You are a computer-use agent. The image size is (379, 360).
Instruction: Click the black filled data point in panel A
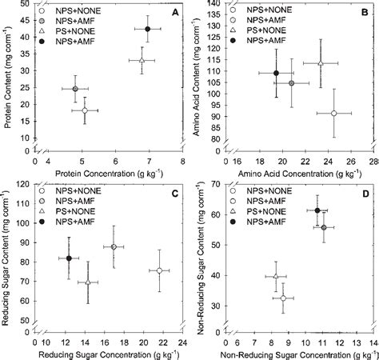pyautogui.click(x=147, y=29)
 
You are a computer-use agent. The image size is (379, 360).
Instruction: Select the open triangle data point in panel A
pyautogui.click(x=142, y=60)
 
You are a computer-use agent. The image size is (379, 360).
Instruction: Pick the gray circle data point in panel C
pyautogui.click(x=114, y=247)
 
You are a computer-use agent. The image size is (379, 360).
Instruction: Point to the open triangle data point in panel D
pyautogui.click(x=276, y=276)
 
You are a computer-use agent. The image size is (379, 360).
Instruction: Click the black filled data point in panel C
pyautogui.click(x=69, y=258)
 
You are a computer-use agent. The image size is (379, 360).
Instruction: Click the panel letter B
pyautogui.click(x=365, y=12)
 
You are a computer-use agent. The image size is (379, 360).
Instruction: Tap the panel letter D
pyautogui.click(x=365, y=193)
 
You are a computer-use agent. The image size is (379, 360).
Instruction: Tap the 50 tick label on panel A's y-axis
pyautogui.click(x=26, y=5)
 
